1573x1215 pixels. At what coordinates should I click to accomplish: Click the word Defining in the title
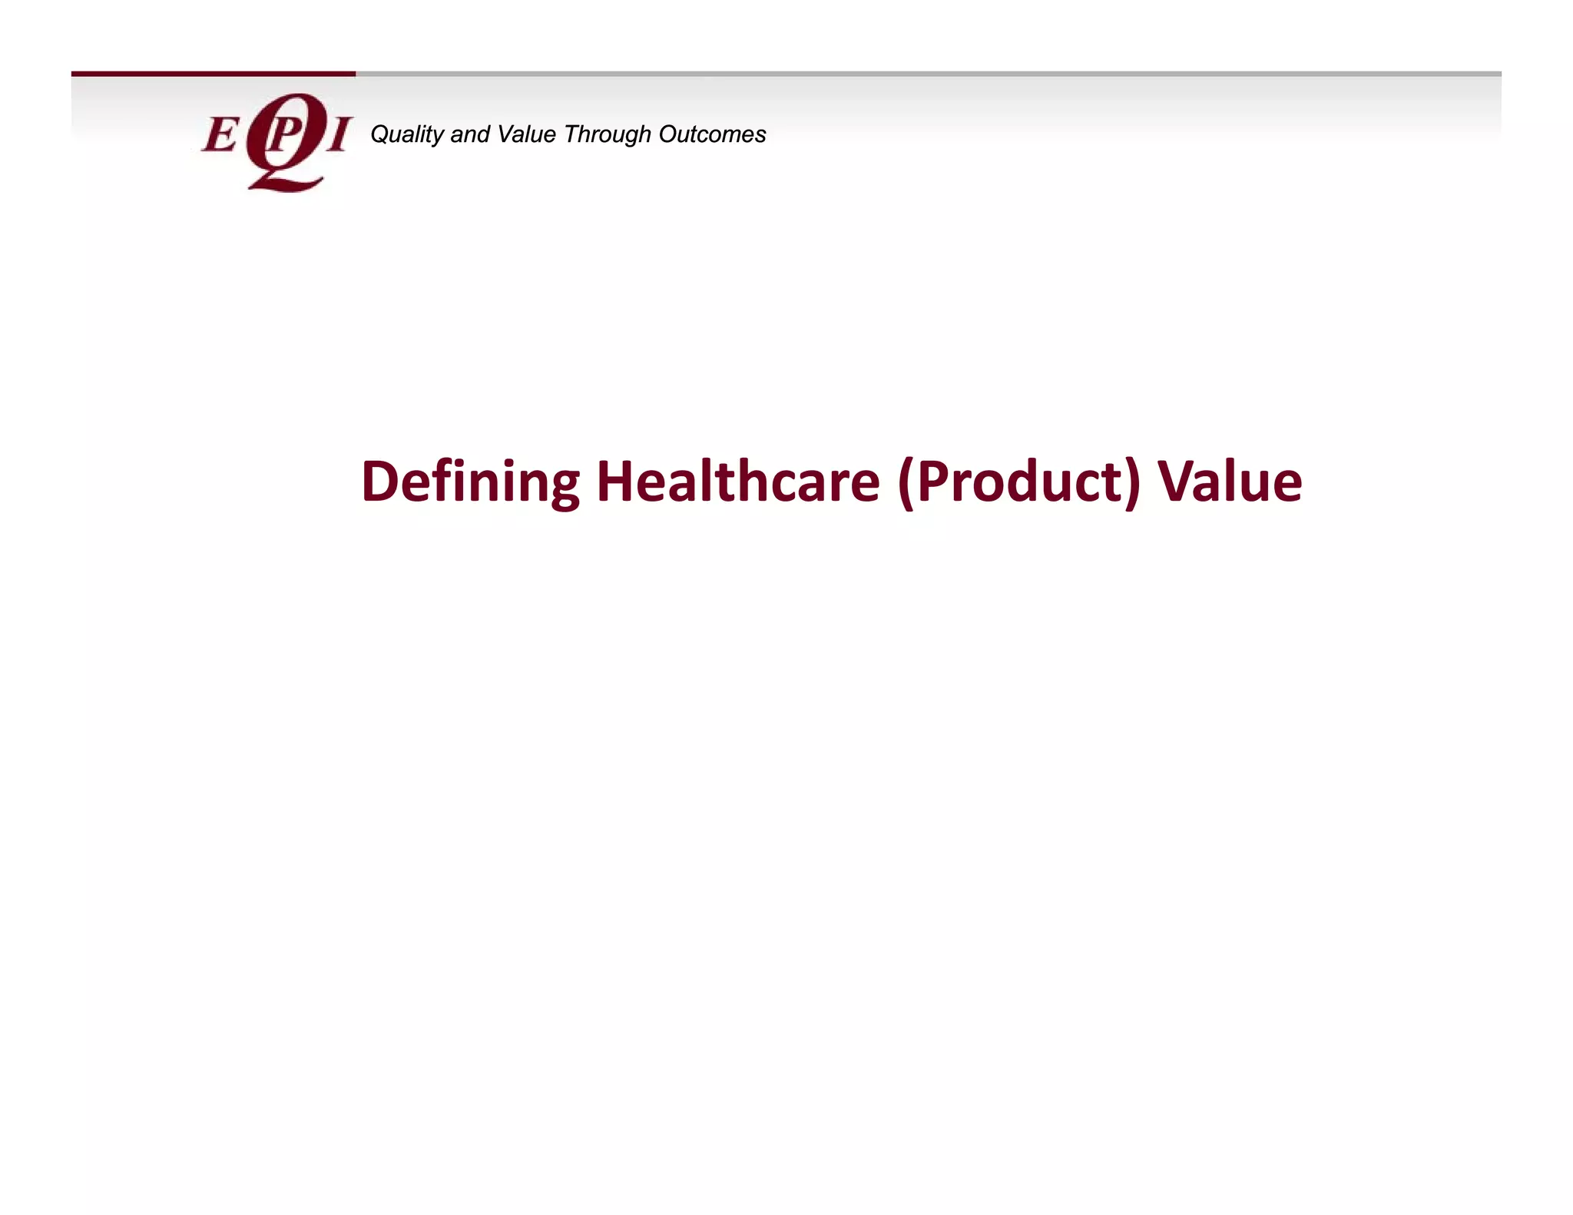point(470,482)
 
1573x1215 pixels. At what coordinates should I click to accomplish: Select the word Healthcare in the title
point(737,482)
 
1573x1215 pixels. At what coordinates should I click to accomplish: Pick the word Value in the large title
point(1230,482)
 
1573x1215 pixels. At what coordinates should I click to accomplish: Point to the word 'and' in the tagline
point(470,134)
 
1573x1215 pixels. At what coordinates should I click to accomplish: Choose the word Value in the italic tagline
point(526,134)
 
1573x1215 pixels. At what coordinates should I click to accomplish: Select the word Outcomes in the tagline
point(712,134)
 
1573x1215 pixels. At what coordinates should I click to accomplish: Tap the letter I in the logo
point(337,135)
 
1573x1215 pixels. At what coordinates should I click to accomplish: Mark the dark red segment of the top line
point(214,74)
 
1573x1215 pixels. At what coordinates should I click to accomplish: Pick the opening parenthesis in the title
point(906,484)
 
